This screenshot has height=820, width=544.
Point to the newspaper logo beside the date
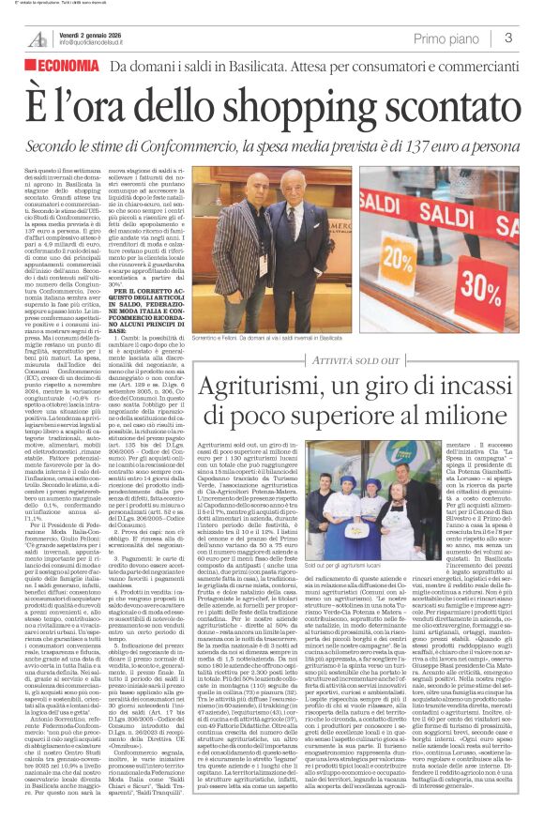click(x=38, y=38)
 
